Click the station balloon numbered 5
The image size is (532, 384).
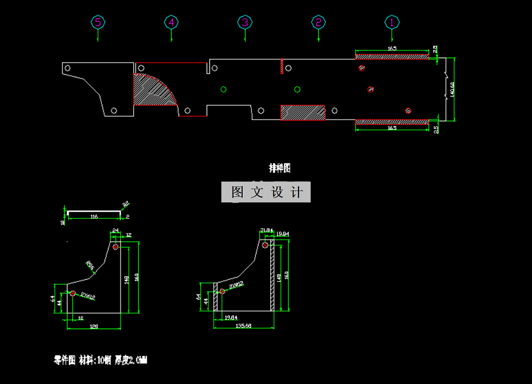[98, 22]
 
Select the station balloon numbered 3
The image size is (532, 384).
[245, 22]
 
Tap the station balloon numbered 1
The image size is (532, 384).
[392, 22]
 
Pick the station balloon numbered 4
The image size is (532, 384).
[171, 22]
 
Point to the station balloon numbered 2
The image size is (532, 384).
[318, 22]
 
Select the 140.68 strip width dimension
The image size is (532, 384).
[452, 89]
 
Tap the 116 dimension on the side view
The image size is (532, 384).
[94, 217]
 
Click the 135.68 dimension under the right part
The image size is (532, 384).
[244, 326]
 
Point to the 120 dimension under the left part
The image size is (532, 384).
[94, 326]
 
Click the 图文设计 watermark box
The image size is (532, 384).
[266, 192]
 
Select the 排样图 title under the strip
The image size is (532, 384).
[279, 168]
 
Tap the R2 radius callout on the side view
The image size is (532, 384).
[126, 205]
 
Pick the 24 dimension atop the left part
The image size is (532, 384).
[116, 230]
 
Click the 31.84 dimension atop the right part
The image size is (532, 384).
[266, 230]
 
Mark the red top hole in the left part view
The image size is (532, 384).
[116, 247]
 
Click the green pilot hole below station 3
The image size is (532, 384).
[224, 89]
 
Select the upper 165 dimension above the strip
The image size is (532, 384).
[392, 49]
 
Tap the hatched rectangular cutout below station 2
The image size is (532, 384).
[303, 112]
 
